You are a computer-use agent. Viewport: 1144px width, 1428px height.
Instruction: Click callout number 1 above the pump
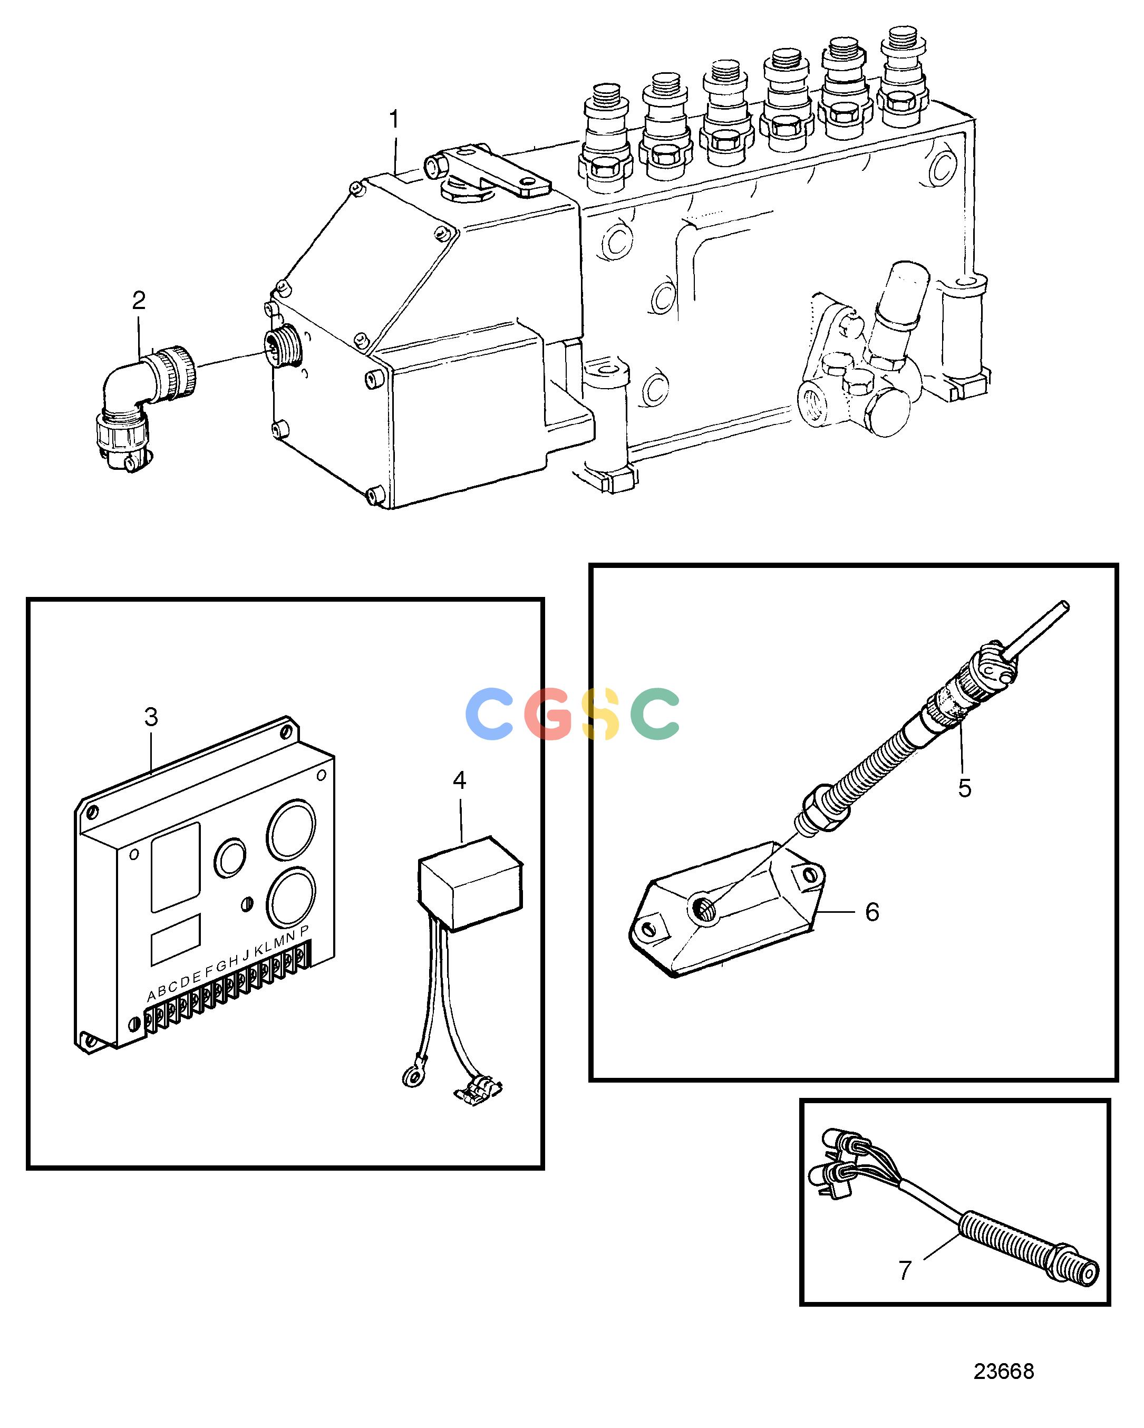coord(394,120)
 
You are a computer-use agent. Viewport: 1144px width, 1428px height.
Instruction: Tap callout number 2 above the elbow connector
coord(138,301)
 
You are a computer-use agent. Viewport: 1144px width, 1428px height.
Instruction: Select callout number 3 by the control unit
coord(151,717)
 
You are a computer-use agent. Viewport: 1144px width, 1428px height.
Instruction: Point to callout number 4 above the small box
coord(460,780)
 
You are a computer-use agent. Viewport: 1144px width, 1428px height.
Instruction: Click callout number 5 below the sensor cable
coord(965,788)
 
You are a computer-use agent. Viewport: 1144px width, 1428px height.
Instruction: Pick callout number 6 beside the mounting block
coord(872,912)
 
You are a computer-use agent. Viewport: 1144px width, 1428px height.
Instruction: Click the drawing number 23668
coord(1004,1371)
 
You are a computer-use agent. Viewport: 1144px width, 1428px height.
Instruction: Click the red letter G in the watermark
coord(548,714)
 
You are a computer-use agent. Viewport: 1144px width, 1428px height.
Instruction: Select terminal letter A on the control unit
coord(152,996)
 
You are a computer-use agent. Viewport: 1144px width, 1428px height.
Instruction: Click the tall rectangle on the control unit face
coord(176,867)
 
